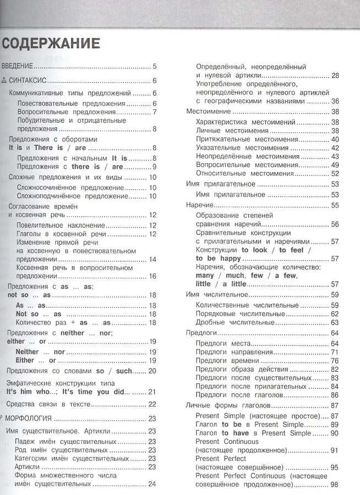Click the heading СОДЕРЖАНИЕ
click(x=51, y=43)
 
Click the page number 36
click(x=334, y=101)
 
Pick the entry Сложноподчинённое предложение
click(x=72, y=196)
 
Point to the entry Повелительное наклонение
click(x=61, y=226)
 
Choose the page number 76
click(x=334, y=360)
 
